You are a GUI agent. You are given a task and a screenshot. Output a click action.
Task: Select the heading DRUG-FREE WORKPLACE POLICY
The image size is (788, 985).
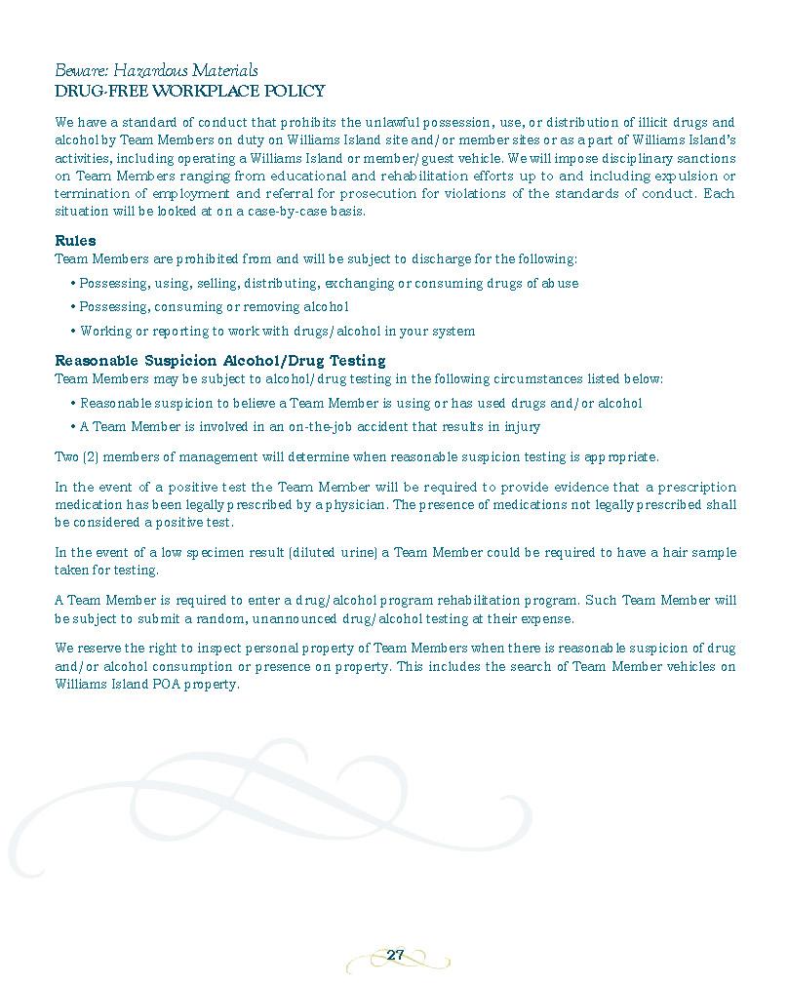(189, 91)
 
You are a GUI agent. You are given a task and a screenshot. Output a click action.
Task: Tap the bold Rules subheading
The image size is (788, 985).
(75, 241)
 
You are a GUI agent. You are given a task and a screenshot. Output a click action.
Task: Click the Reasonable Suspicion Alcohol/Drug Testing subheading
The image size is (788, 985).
(219, 361)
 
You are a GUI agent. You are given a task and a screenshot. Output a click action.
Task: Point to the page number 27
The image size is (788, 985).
(395, 955)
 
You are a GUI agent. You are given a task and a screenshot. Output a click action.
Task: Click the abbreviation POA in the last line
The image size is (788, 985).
(157, 685)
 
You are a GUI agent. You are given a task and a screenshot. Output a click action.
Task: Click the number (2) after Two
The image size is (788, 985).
(91, 456)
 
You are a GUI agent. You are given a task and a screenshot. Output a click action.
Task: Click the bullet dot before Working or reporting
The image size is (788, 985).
(73, 332)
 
